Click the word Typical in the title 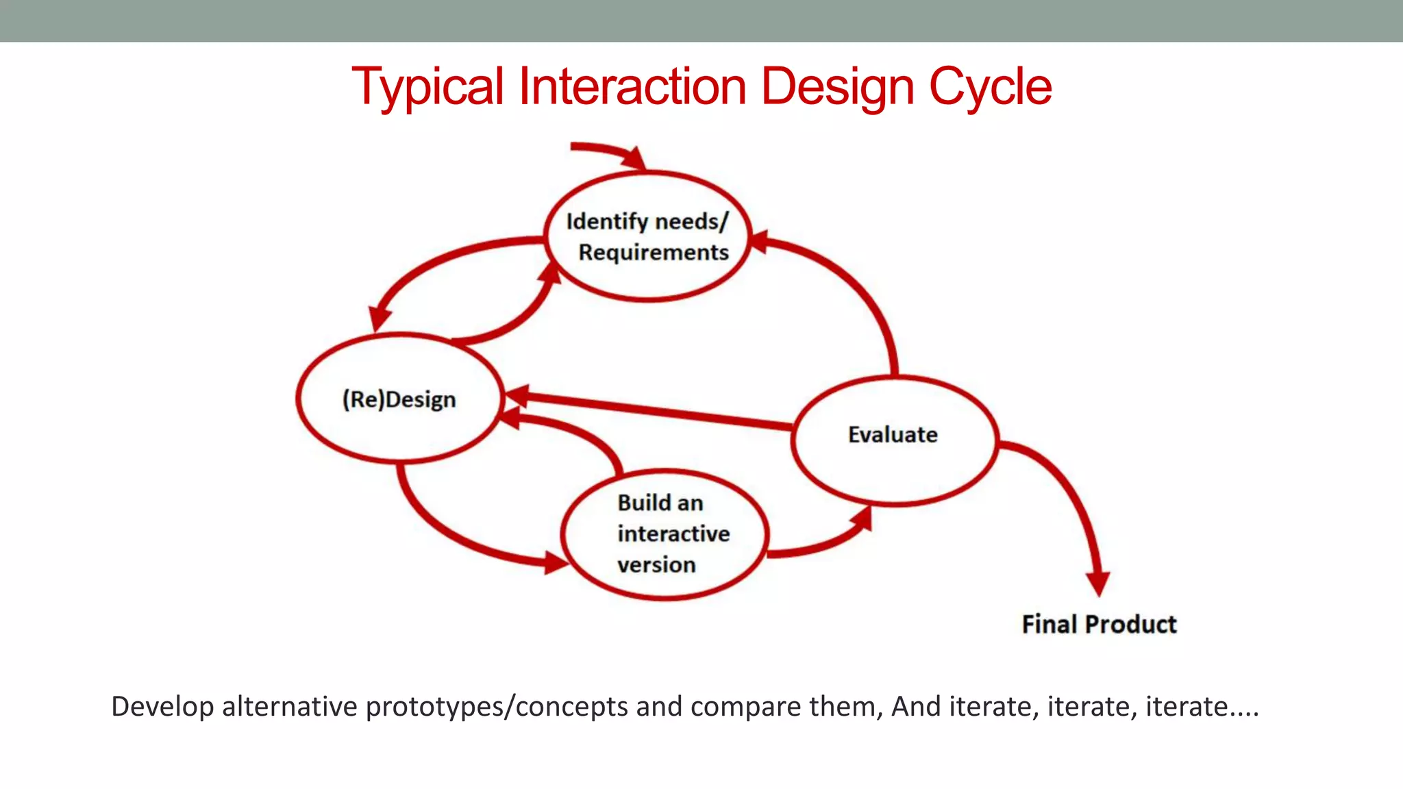[x=427, y=87]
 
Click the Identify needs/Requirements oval [x=647, y=236]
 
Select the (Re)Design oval [x=399, y=399]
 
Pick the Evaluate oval [x=893, y=435]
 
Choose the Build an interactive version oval [x=663, y=534]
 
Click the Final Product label [x=1099, y=624]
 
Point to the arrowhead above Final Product [x=1097, y=582]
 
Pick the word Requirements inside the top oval [x=654, y=253]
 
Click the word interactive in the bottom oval [x=673, y=534]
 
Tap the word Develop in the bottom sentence [x=162, y=707]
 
